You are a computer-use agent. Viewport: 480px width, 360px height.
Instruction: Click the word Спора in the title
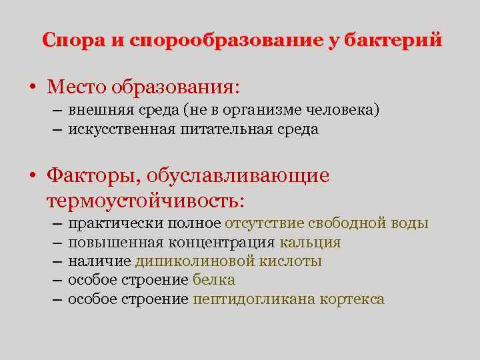pyautogui.click(x=73, y=41)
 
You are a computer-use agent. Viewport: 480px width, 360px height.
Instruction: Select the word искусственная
pyautogui.click(x=121, y=129)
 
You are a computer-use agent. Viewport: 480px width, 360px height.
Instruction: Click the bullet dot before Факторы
pyautogui.click(x=32, y=176)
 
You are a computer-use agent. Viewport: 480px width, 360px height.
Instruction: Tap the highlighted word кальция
pyautogui.click(x=311, y=243)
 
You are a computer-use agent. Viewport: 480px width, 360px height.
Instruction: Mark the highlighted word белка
pyautogui.click(x=214, y=280)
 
